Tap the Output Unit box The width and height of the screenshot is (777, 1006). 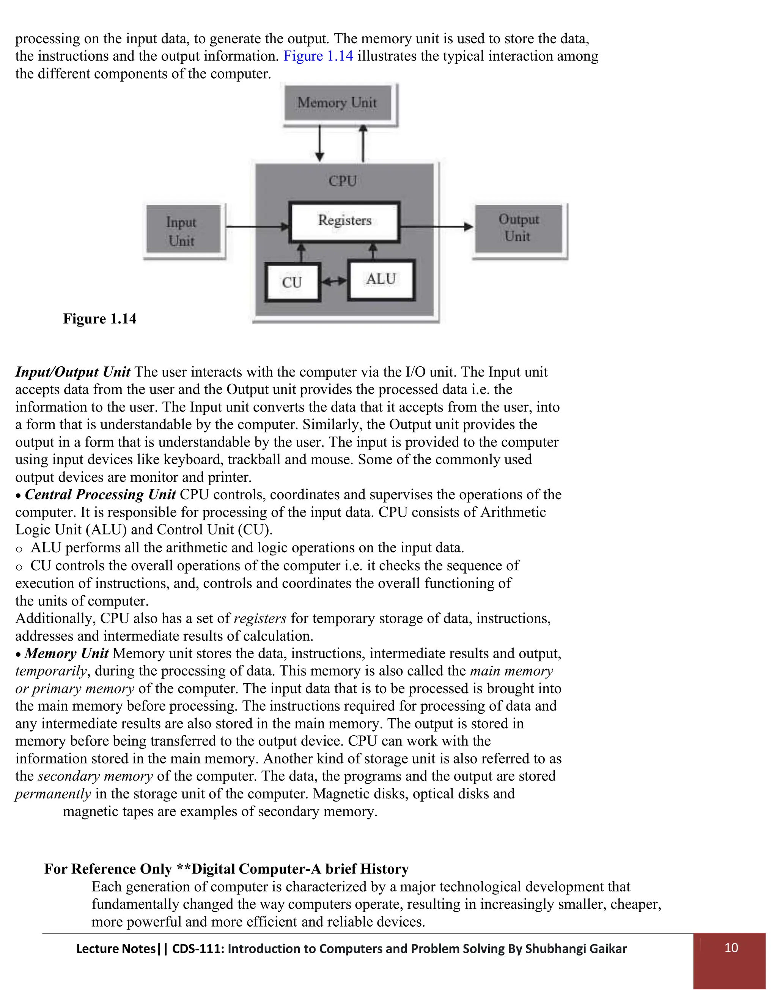point(518,228)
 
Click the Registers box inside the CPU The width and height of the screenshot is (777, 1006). point(344,221)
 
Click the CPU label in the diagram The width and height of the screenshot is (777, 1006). point(343,181)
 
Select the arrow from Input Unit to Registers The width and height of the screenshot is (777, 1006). point(257,227)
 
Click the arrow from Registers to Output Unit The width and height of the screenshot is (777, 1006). point(436,227)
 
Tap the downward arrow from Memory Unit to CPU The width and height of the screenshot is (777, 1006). point(320,143)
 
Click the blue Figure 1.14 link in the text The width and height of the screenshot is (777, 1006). point(318,56)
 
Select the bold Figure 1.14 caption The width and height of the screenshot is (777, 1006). point(99,319)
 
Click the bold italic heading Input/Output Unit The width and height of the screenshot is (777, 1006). point(73,372)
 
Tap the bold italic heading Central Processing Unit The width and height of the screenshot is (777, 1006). point(100,494)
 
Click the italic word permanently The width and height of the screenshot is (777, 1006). point(53,794)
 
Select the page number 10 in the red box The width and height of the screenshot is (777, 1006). point(731,948)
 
